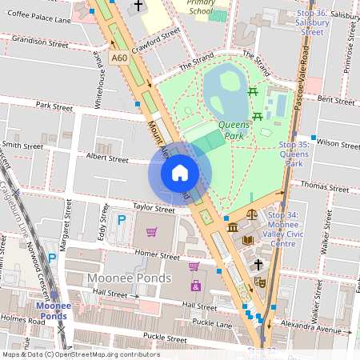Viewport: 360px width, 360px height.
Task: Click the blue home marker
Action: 180,172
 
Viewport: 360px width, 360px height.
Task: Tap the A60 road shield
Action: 119,58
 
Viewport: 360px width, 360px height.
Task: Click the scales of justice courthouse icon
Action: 252,214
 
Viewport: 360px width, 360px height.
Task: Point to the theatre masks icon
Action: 260,282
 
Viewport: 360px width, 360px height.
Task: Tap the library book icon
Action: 248,240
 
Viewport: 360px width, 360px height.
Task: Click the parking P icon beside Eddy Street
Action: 122,219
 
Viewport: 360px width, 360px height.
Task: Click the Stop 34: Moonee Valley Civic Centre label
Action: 294,230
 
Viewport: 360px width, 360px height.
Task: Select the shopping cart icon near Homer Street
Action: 151,232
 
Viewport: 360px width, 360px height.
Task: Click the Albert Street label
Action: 106,159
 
